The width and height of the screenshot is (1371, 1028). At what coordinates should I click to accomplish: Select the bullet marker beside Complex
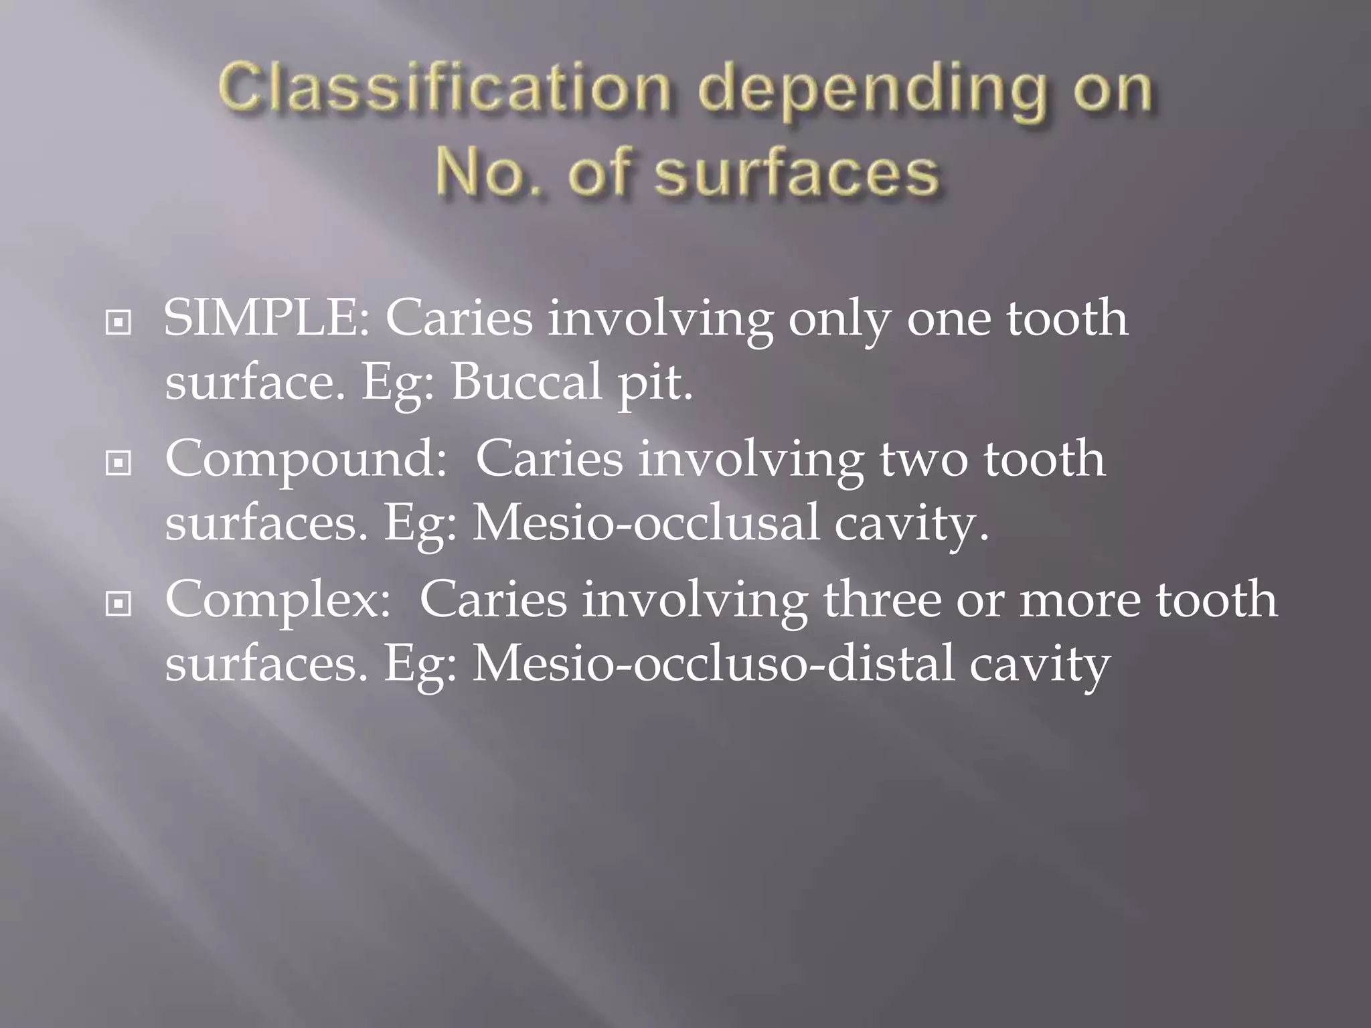[118, 604]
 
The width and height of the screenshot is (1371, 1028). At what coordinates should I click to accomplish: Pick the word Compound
[305, 460]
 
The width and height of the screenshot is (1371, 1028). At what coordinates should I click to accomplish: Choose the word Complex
[277, 601]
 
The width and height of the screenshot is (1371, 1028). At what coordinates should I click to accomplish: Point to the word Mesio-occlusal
[645, 523]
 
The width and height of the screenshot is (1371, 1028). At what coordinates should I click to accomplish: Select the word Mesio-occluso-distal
[713, 664]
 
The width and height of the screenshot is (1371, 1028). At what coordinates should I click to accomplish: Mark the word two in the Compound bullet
[923, 460]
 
